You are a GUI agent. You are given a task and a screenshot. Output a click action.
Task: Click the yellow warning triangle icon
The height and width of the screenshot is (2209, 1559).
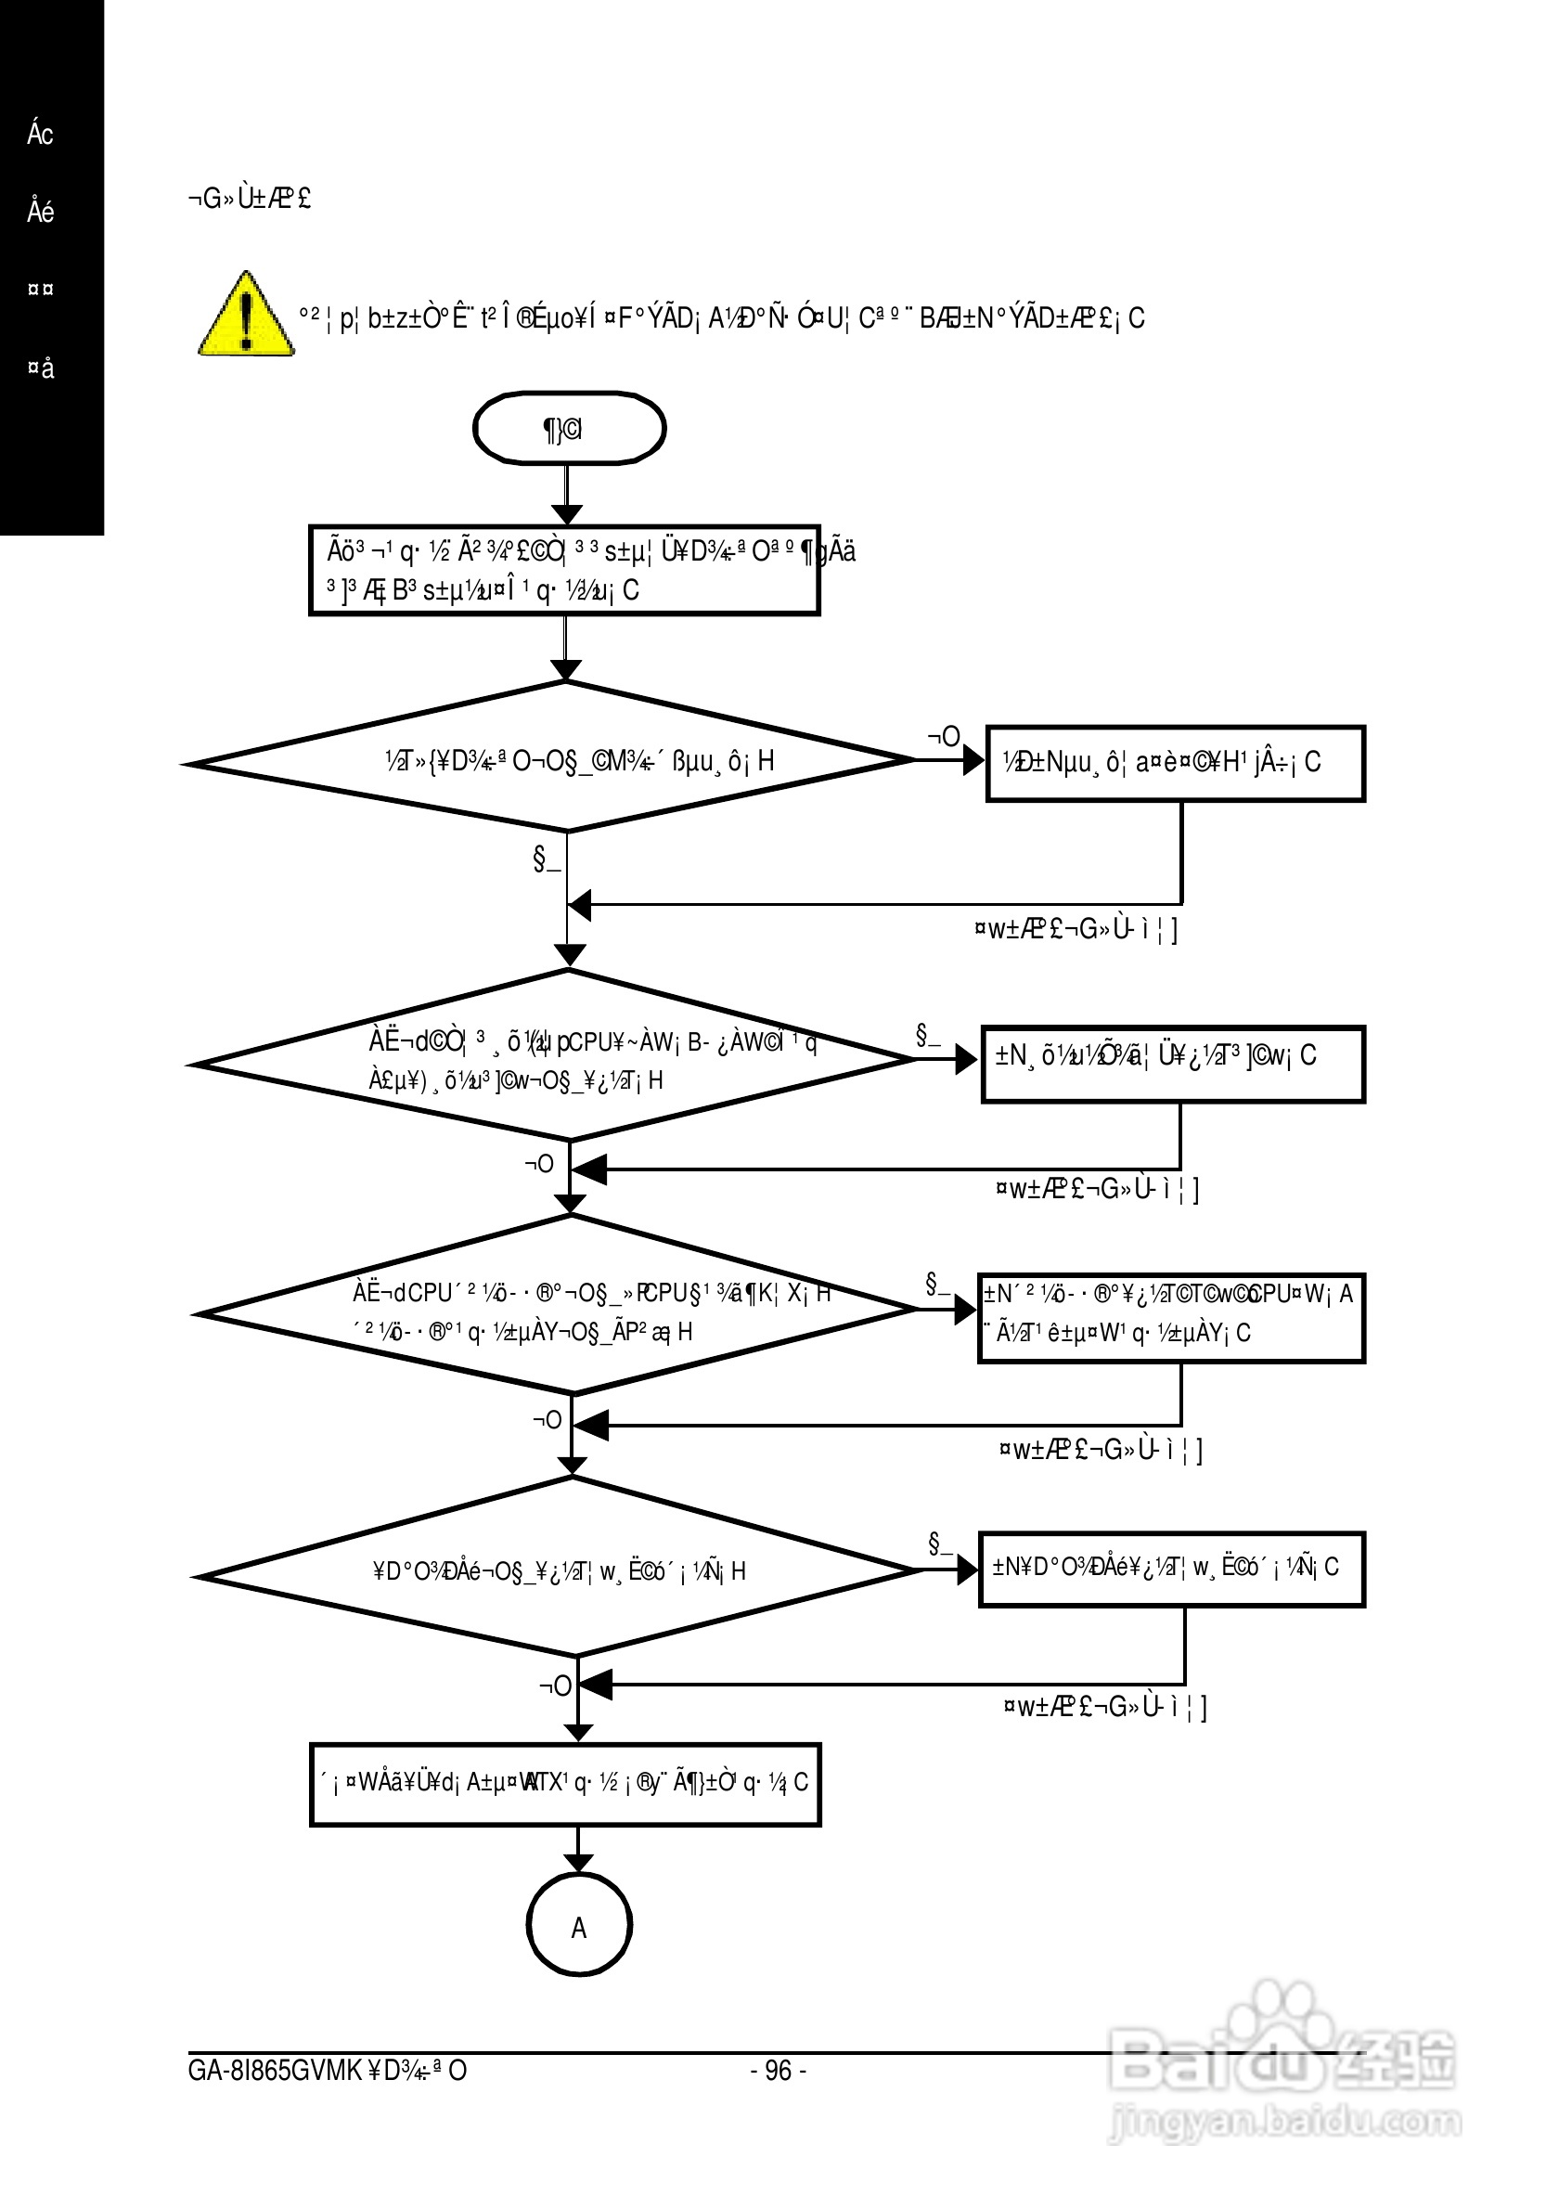(x=246, y=316)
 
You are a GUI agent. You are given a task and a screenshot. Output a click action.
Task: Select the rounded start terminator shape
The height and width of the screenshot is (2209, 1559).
(x=569, y=428)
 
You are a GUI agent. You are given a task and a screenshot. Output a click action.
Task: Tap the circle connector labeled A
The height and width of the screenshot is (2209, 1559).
(x=579, y=1925)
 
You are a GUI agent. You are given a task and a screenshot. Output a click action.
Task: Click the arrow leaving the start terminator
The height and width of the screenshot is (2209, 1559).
(x=567, y=495)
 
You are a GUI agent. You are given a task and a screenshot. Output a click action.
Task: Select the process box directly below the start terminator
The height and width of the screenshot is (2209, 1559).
(x=564, y=571)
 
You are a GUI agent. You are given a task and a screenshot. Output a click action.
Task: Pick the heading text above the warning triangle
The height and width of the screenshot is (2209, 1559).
(x=249, y=200)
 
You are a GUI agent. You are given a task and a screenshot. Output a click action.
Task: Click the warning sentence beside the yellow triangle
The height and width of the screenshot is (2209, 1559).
(x=721, y=317)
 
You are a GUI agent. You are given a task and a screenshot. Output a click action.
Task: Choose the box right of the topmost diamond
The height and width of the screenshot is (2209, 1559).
(x=1175, y=764)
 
